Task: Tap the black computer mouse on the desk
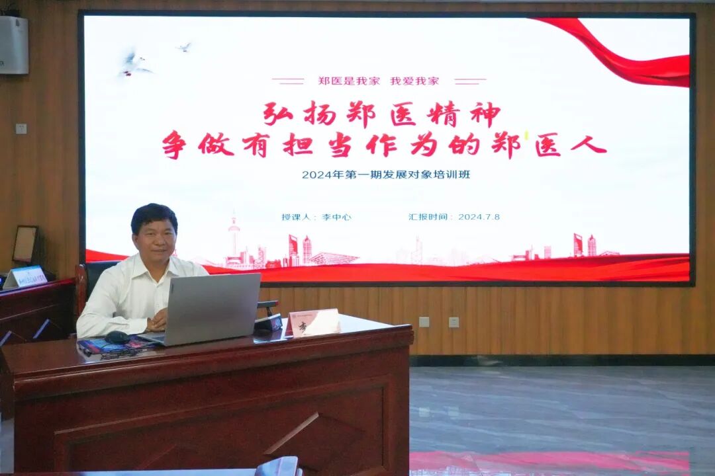click(118, 337)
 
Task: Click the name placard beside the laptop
click(315, 323)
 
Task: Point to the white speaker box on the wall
click(14, 44)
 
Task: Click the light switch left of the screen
click(21, 128)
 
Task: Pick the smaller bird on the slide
click(184, 47)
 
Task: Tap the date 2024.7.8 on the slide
click(479, 216)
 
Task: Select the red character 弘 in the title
click(278, 114)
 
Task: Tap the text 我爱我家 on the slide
click(414, 81)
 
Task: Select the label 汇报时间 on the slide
click(430, 216)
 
